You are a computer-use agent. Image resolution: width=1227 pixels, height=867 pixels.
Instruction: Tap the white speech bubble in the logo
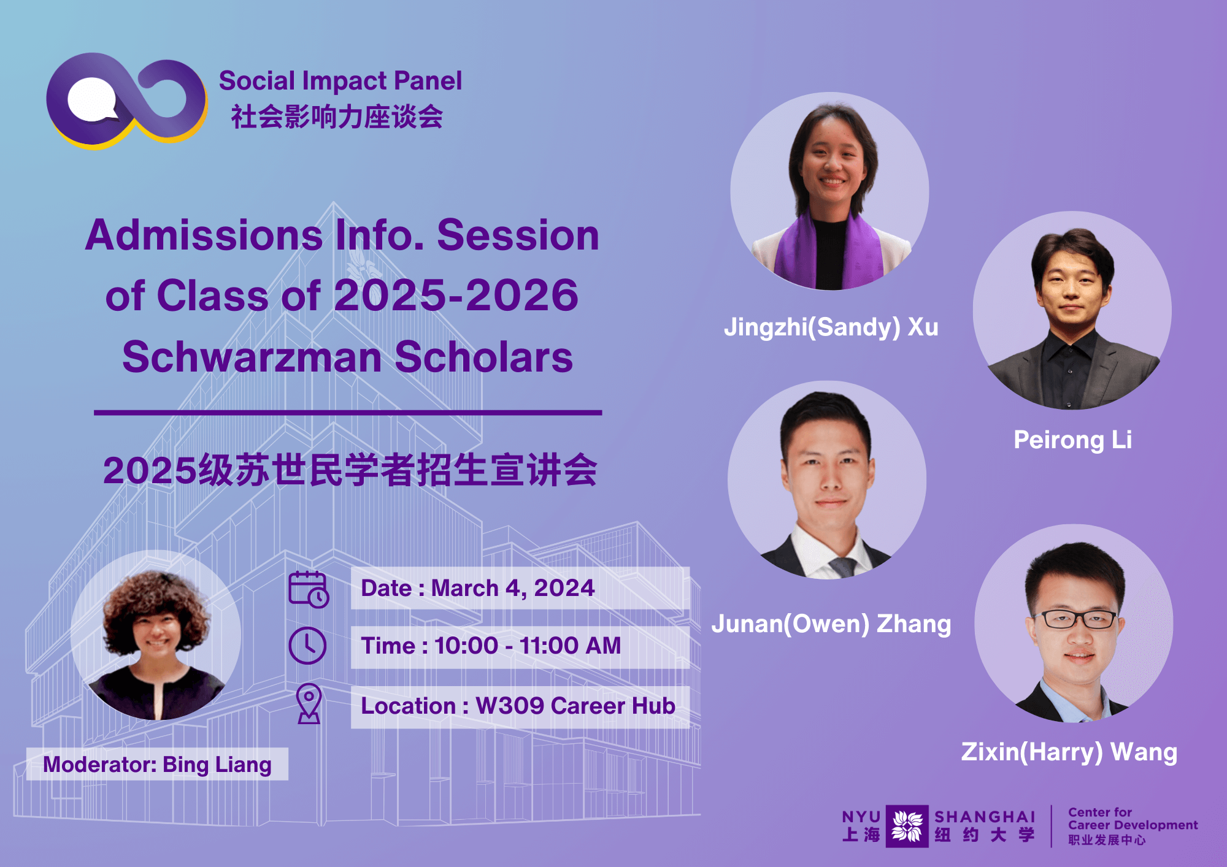pyautogui.click(x=92, y=100)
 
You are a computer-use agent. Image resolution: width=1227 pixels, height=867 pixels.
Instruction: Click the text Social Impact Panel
pyautogui.click(x=340, y=81)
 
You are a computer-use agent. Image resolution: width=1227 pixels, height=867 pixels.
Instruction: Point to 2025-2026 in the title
pyautogui.click(x=456, y=296)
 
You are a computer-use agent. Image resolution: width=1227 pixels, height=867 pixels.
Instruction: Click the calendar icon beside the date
pyautogui.click(x=309, y=589)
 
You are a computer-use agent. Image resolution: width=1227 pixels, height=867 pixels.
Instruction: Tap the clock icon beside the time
pyautogui.click(x=307, y=645)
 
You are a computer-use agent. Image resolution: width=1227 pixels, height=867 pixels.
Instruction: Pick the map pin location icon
pyautogui.click(x=309, y=703)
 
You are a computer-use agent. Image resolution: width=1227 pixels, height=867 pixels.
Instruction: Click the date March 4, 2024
pyautogui.click(x=513, y=588)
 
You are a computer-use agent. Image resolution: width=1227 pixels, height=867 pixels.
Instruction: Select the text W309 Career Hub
pyautogui.click(x=575, y=706)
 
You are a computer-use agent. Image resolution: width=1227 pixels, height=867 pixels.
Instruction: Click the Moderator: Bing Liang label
pyautogui.click(x=157, y=765)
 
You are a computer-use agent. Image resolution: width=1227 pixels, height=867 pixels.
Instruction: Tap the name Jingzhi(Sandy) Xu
pyautogui.click(x=831, y=327)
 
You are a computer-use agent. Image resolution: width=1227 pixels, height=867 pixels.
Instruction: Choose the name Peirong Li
pyautogui.click(x=1072, y=440)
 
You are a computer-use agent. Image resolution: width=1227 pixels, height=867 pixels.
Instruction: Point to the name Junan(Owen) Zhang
pyautogui.click(x=831, y=624)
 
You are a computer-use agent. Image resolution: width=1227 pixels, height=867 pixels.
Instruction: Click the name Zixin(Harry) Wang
pyautogui.click(x=1069, y=752)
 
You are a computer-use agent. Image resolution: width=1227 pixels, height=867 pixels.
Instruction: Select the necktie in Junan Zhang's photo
pyautogui.click(x=840, y=567)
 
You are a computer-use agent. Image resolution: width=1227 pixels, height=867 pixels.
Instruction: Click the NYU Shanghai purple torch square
pyautogui.click(x=907, y=826)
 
